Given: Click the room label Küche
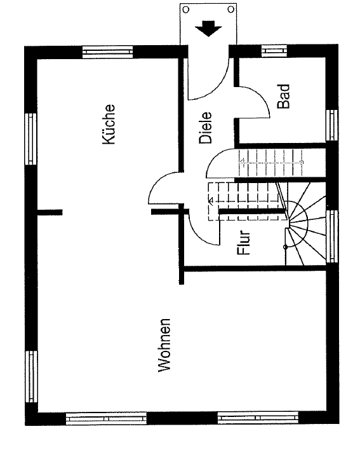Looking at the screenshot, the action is [109, 125].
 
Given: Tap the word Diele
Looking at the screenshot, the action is [206, 128].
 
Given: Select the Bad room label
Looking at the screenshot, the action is [284, 97].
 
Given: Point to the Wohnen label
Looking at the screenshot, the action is [164, 345].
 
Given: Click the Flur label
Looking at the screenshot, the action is [244, 243].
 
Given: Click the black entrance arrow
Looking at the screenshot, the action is [208, 28].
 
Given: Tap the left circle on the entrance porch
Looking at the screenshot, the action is [186, 10].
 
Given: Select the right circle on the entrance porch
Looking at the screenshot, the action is [230, 10].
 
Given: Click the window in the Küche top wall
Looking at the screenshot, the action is [107, 52].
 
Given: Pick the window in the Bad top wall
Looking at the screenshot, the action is [274, 51].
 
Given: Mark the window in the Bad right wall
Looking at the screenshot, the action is [332, 125].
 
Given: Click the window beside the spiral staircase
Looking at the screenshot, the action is [333, 236].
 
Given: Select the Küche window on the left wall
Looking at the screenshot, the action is [30, 139].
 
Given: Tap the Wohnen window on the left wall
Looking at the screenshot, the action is [31, 376].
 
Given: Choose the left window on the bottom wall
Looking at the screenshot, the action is [106, 418].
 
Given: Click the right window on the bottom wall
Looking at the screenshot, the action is [258, 418].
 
